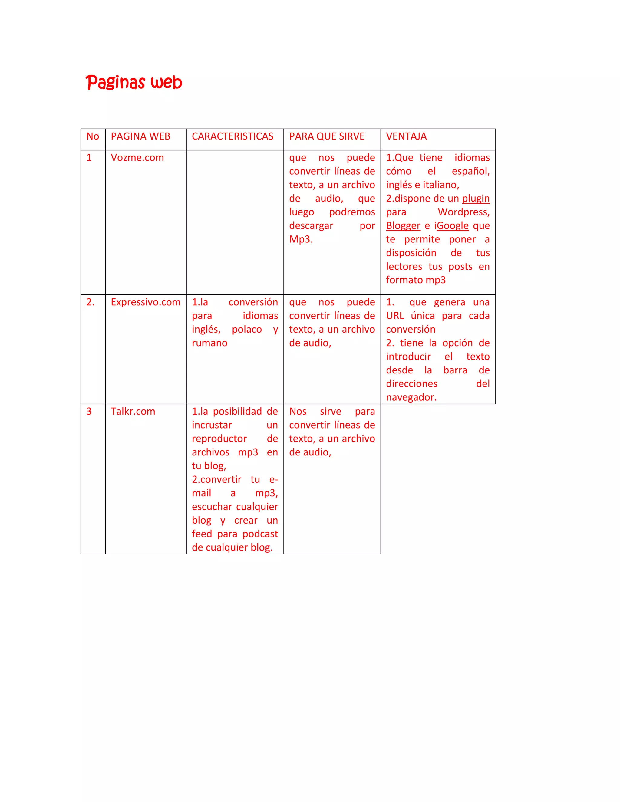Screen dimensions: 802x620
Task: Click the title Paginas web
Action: [x=134, y=82]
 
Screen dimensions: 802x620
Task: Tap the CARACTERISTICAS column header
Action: [x=232, y=136]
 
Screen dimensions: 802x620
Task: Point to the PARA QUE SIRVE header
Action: [x=327, y=136]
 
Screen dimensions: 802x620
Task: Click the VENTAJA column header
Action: [x=406, y=136]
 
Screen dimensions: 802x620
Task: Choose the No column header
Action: [x=93, y=136]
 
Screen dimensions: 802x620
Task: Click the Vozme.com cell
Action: [x=137, y=158]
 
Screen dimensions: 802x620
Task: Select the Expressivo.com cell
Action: [x=145, y=302]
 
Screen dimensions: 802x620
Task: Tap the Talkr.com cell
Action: [x=133, y=411]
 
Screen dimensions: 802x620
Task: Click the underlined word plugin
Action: [x=476, y=199]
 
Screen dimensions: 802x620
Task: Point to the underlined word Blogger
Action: [x=403, y=226]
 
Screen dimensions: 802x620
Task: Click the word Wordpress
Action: [x=463, y=212]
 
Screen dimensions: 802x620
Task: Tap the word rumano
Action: [x=209, y=343]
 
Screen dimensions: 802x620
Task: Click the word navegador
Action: [x=411, y=397]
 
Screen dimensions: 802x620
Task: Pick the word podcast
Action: [x=260, y=534]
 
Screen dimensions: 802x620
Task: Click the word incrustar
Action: [x=212, y=425]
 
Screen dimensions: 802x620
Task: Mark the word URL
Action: [x=395, y=316]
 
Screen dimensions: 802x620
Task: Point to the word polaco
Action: [x=246, y=329]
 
